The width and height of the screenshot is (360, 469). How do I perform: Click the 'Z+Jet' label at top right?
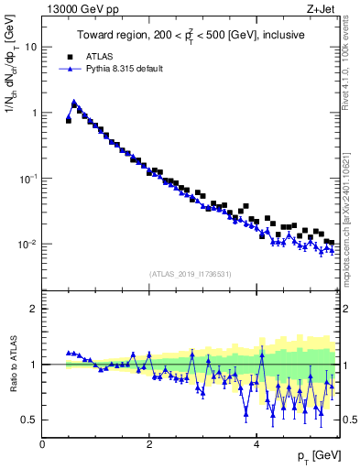coord(322,9)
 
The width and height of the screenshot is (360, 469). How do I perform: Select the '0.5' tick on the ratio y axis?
coord(29,420)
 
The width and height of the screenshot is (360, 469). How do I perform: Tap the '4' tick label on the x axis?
coord(256,444)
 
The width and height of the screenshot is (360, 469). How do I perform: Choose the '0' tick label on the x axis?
coord(43,444)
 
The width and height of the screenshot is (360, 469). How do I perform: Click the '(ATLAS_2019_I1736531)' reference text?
coord(191,274)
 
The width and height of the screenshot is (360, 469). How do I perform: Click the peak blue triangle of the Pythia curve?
coord(73,103)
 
